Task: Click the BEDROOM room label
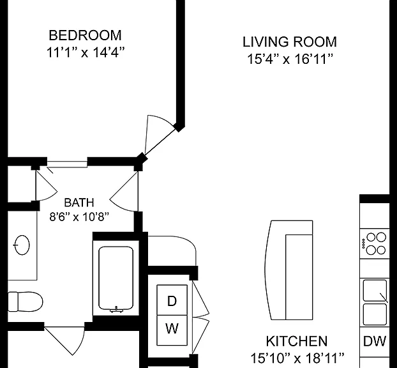(85, 35)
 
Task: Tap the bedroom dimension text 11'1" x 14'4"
(86, 52)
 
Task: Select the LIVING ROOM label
(290, 42)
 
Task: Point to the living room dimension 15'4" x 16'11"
(290, 59)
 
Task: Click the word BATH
(79, 203)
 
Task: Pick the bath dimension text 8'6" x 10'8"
(79, 217)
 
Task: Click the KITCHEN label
(297, 341)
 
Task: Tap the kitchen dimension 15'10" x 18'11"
(297, 358)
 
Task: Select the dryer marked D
(172, 300)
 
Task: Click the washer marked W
(172, 330)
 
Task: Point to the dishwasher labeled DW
(375, 341)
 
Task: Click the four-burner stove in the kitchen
(375, 244)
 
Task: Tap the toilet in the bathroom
(25, 302)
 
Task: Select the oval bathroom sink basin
(22, 245)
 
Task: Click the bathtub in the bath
(116, 279)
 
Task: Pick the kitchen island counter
(289, 270)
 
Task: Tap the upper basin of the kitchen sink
(375, 290)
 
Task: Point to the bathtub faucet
(116, 309)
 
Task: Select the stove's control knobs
(364, 244)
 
